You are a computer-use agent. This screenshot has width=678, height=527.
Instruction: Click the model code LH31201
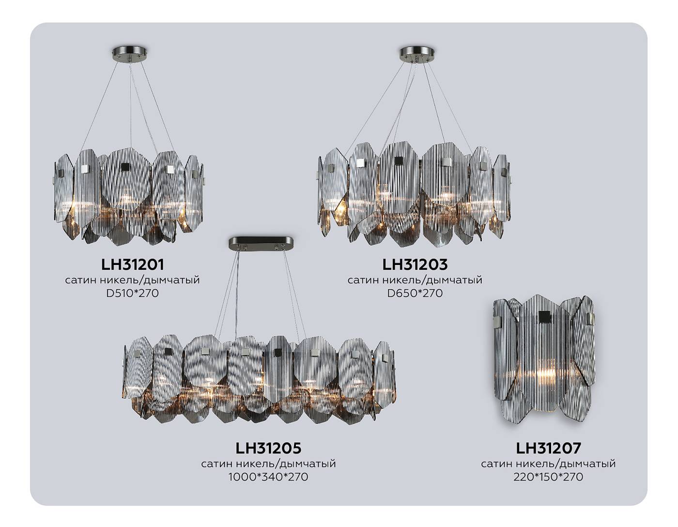(133, 264)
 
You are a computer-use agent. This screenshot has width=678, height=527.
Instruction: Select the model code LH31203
(415, 264)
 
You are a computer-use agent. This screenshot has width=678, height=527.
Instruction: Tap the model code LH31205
(268, 448)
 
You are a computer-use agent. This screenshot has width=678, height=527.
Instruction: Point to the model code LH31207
(548, 448)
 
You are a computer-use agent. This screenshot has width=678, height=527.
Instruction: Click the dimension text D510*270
(133, 293)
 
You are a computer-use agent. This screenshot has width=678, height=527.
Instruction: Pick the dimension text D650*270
(415, 293)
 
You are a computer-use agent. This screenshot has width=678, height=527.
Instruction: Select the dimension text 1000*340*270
(268, 477)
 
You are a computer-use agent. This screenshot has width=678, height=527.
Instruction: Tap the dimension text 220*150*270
(548, 477)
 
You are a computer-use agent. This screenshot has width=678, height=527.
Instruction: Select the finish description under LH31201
(133, 280)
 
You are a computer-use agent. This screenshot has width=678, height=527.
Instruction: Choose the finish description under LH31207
(548, 464)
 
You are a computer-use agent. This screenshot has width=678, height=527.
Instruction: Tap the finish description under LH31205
(268, 464)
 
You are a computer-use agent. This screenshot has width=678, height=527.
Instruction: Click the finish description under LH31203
(415, 280)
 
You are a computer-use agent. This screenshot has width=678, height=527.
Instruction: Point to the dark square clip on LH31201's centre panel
(125, 167)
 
